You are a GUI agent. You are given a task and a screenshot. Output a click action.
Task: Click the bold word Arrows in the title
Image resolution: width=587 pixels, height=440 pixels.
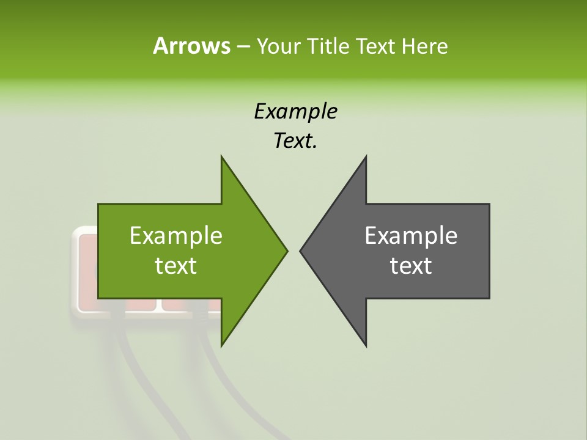click(x=191, y=46)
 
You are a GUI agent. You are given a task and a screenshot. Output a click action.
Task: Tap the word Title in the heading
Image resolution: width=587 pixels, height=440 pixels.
click(x=328, y=46)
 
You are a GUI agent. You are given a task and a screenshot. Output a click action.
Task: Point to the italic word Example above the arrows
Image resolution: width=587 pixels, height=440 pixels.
click(x=295, y=111)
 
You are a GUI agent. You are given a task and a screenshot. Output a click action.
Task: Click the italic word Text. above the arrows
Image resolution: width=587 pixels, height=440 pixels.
click(x=295, y=141)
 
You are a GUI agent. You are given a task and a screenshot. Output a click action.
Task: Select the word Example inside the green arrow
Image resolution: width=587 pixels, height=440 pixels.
click(x=176, y=235)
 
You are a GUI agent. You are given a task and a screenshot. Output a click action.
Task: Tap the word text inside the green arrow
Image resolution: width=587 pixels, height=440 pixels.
click(x=176, y=265)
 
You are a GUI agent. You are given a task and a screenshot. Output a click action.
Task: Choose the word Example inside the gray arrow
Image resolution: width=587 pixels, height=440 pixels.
click(x=411, y=235)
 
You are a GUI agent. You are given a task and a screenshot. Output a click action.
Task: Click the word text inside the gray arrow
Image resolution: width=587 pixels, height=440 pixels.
click(x=411, y=265)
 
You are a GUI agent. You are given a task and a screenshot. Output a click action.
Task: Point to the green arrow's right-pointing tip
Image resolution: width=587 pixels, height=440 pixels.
click(x=286, y=251)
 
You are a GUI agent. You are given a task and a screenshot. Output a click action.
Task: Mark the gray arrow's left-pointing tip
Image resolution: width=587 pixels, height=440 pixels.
click(x=301, y=251)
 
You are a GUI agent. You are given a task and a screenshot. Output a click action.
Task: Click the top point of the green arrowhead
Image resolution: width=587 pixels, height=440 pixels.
click(x=222, y=157)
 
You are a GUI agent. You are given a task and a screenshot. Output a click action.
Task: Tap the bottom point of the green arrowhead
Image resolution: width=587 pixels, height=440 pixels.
click(x=222, y=345)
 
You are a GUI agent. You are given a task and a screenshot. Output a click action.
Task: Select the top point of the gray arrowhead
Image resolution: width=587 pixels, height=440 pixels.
click(x=366, y=157)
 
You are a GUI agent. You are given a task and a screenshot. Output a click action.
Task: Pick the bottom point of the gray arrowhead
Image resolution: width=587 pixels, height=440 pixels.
click(x=366, y=345)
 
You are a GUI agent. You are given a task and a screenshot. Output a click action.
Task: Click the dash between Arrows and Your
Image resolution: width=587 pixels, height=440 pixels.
click(x=242, y=46)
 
